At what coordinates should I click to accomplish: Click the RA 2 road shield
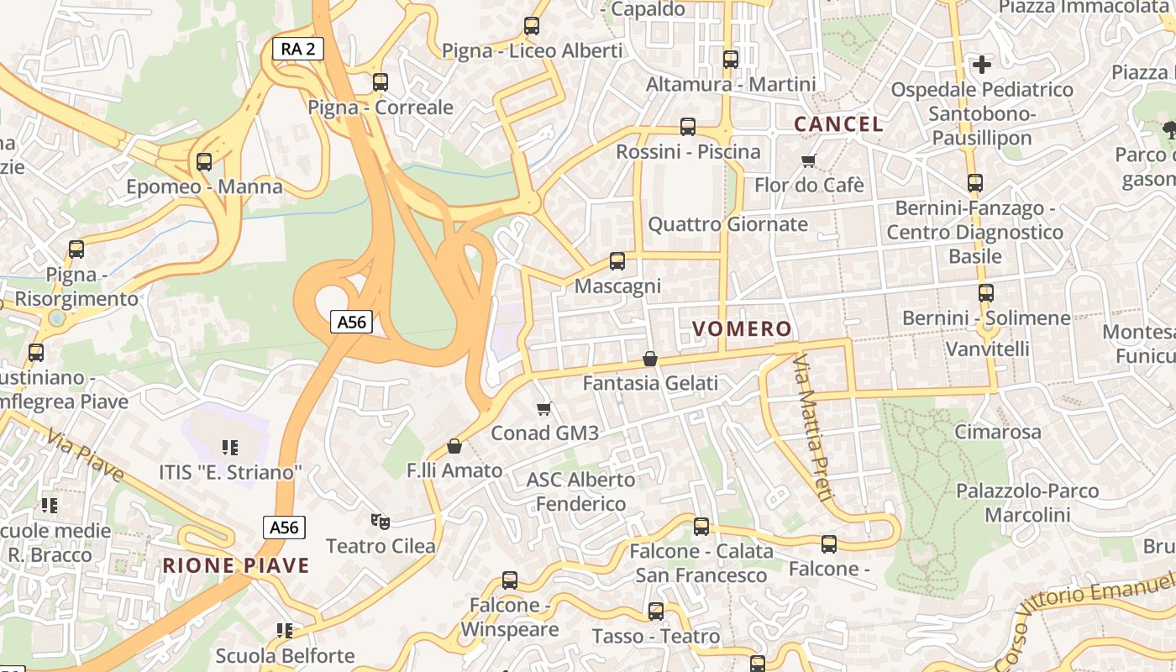(x=297, y=49)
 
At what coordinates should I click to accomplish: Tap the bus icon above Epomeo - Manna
(x=204, y=161)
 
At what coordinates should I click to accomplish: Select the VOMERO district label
(x=742, y=328)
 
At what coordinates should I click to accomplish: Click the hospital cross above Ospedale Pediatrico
(x=981, y=64)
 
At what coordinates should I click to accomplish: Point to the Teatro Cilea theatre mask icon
(x=381, y=522)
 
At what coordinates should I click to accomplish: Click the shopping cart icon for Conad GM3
(x=544, y=409)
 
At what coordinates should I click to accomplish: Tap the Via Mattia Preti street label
(x=812, y=428)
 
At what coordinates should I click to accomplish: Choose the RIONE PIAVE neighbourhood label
(x=236, y=565)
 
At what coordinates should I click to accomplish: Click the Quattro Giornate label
(x=727, y=224)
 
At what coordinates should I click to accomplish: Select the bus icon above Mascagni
(x=617, y=261)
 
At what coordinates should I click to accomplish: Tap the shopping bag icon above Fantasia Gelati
(x=650, y=359)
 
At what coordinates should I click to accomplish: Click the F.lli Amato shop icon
(x=454, y=446)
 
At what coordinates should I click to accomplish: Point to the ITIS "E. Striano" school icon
(x=229, y=448)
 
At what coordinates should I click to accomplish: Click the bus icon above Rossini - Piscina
(x=688, y=127)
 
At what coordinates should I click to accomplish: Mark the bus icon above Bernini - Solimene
(x=985, y=293)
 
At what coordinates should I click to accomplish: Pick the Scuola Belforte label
(x=285, y=655)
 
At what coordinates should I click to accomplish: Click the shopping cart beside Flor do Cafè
(x=809, y=160)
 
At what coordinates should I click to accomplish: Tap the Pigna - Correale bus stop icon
(x=381, y=82)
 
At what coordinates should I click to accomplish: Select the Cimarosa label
(x=998, y=432)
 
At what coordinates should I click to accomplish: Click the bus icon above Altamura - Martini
(x=731, y=60)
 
